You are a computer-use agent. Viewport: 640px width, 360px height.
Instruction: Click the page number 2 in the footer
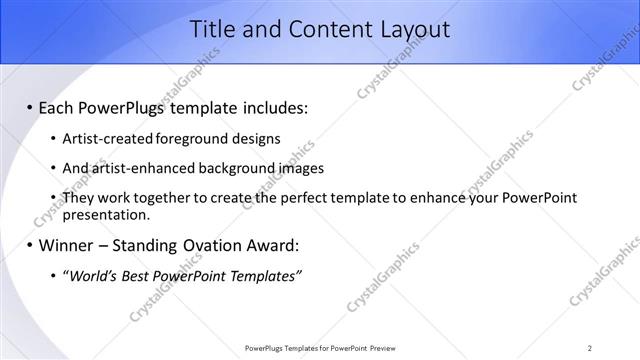[x=590, y=348]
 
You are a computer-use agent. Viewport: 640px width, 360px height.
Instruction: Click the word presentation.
[x=106, y=214]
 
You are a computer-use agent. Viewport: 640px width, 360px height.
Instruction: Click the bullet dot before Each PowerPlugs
[x=29, y=107]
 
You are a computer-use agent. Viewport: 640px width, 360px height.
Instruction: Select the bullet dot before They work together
[x=53, y=198]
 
